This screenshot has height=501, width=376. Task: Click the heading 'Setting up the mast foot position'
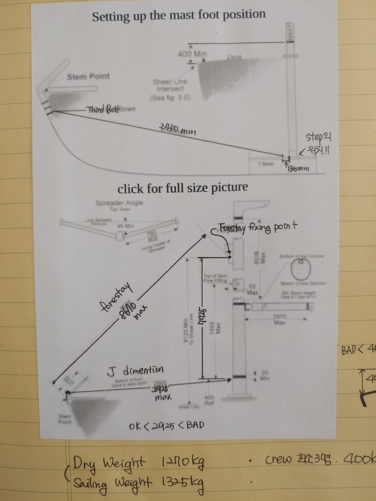[x=179, y=16]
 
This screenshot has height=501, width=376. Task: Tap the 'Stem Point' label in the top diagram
[x=88, y=77]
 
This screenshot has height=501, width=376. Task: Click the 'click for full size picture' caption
[x=182, y=188]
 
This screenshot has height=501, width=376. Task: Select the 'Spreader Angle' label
[x=119, y=203]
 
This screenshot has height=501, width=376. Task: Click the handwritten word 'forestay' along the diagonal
[x=116, y=298]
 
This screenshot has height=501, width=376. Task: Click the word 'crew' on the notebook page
[x=277, y=461]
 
